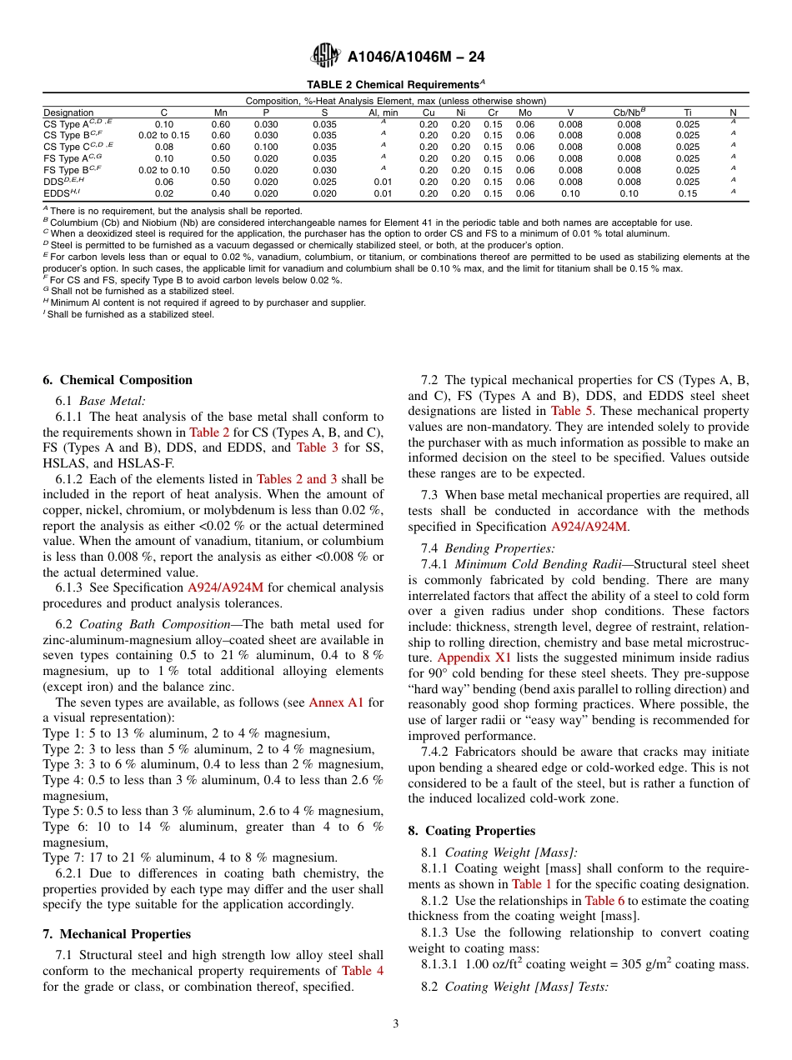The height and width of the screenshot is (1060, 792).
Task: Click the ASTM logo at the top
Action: click(x=325, y=56)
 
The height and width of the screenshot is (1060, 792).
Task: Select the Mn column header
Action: click(x=220, y=112)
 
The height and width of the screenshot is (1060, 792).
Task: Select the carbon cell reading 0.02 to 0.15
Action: click(x=163, y=135)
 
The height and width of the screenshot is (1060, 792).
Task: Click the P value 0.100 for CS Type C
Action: click(x=266, y=147)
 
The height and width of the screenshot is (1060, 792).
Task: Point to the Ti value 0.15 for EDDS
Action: click(x=688, y=193)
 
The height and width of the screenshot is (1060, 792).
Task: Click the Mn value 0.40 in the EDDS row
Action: click(x=220, y=193)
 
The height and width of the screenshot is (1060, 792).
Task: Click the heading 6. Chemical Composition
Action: click(x=118, y=380)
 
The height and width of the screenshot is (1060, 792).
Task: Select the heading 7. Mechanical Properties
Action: click(x=117, y=934)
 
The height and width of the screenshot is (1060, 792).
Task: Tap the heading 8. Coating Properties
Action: click(x=472, y=831)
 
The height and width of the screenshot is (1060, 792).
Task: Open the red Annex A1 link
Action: click(x=336, y=702)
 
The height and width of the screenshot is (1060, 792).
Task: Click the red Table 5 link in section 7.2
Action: click(x=570, y=411)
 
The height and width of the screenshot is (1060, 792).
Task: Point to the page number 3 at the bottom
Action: click(x=396, y=1024)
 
